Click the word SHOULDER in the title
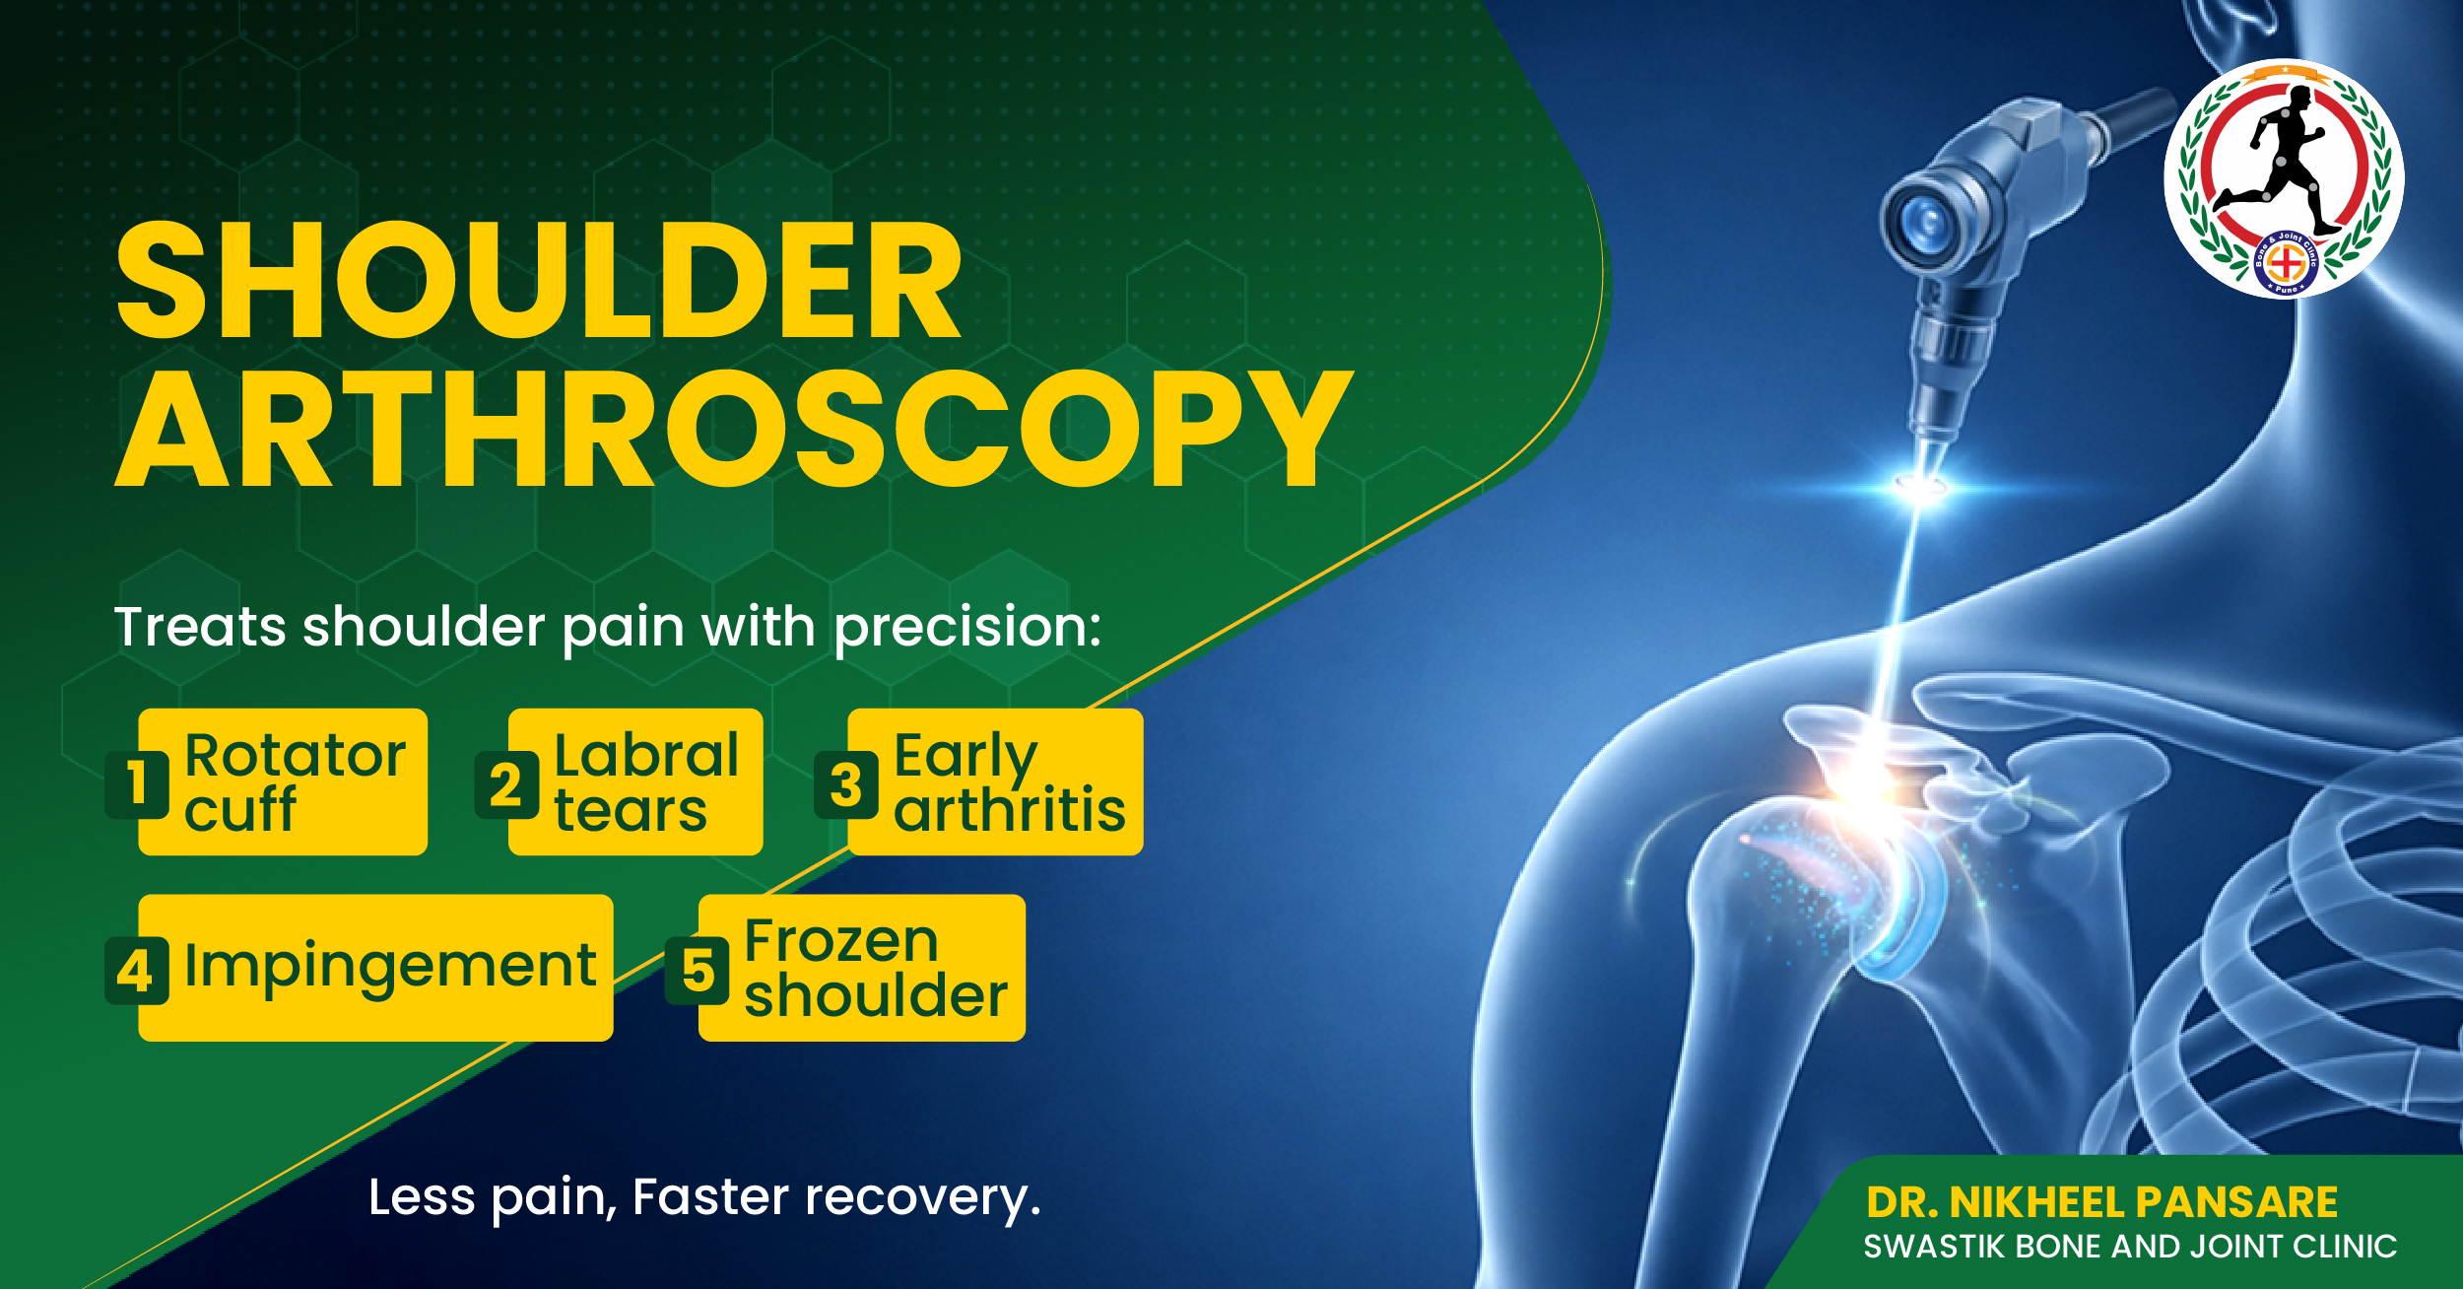pyautogui.click(x=539, y=281)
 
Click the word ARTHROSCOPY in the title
pyautogui.click(x=734, y=430)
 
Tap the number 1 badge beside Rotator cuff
pyautogui.click(x=137, y=784)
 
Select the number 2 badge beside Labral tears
pyautogui.click(x=506, y=784)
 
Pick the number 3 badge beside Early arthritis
pyautogui.click(x=845, y=784)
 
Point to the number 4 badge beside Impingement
pyautogui.click(x=137, y=971)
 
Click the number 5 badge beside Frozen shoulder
pyautogui.click(x=698, y=971)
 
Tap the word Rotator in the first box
pyautogui.click(x=296, y=756)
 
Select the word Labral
pyautogui.click(x=646, y=756)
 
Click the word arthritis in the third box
pyautogui.click(x=1010, y=810)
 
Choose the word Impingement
pyautogui.click(x=390, y=967)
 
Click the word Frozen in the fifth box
pyautogui.click(x=841, y=941)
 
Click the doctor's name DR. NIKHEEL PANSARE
pyautogui.click(x=2102, y=1202)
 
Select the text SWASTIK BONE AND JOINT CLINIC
pyautogui.click(x=2130, y=1247)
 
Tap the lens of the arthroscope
pyautogui.click(x=1924, y=221)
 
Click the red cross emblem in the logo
pyautogui.click(x=2284, y=263)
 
